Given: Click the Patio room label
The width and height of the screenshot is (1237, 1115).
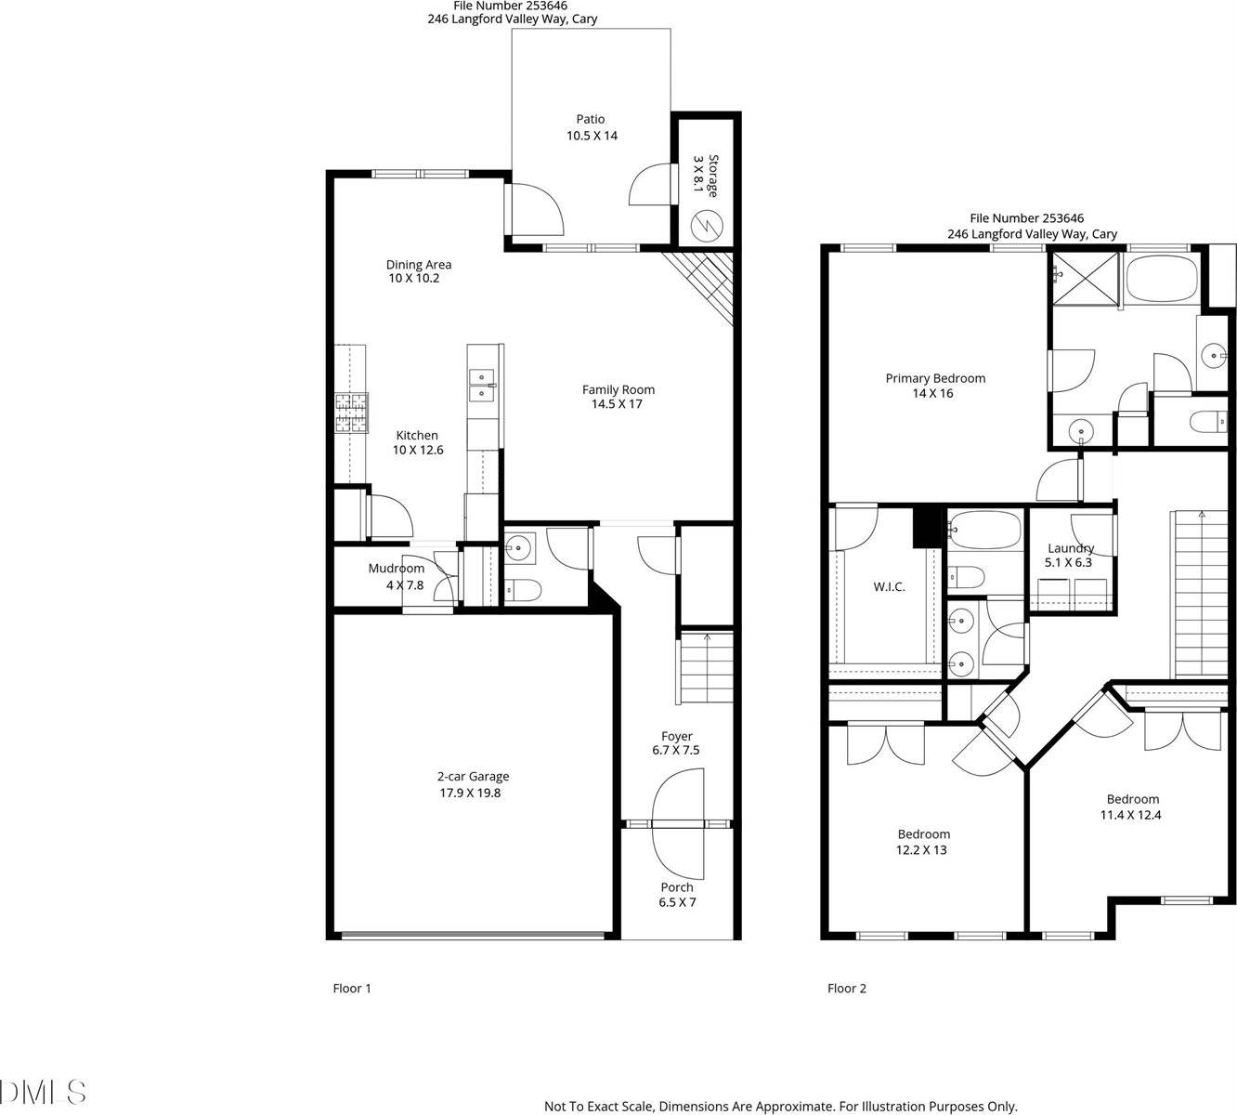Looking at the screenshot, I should [x=591, y=119].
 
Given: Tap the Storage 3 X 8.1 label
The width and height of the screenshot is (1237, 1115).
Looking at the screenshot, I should [x=706, y=175].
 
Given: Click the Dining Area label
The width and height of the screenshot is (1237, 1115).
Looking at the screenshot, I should [x=419, y=265].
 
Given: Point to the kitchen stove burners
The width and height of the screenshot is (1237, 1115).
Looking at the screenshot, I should [x=351, y=413].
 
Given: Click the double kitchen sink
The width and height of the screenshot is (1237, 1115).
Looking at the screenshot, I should [x=482, y=385].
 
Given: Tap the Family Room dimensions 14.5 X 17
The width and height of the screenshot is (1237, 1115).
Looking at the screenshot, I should [x=618, y=404].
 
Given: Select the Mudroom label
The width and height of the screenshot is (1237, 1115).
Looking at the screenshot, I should [x=396, y=569].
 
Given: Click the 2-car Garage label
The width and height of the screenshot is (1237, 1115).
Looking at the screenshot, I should [x=474, y=777].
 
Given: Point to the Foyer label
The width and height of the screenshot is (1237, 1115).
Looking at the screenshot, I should [x=677, y=736].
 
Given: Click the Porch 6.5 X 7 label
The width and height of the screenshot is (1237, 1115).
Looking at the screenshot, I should [x=677, y=894].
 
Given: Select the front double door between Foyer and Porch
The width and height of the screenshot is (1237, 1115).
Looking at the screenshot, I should [x=679, y=823].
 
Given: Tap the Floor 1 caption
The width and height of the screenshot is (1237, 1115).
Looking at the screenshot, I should [x=352, y=989].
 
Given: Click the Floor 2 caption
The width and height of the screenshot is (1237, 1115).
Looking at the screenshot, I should [x=847, y=989].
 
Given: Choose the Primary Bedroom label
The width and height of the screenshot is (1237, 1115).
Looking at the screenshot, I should [x=935, y=378].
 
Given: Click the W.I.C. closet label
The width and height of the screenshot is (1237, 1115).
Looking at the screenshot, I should [x=889, y=586].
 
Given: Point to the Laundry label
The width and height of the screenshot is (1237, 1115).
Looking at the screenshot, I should [x=1071, y=548].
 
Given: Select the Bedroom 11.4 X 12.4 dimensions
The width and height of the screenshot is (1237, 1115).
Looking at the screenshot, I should [x=1133, y=816].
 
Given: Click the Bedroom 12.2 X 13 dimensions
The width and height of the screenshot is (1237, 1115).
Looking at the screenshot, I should [x=923, y=850].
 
